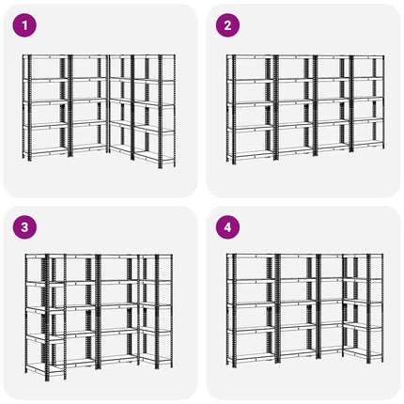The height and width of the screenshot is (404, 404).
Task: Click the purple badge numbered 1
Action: [24, 25]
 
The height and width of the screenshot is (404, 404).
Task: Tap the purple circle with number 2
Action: [227, 25]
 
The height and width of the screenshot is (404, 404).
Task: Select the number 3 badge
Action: [24, 227]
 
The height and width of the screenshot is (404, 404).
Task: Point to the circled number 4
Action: [227, 227]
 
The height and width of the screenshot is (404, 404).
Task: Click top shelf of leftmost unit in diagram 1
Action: [48, 57]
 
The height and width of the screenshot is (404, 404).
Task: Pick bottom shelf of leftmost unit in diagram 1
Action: [48, 151]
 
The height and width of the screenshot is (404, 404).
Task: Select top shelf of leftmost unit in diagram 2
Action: [252, 57]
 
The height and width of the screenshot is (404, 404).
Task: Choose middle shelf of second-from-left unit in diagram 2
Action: [295, 101]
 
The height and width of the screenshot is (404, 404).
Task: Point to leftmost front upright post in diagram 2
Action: [234, 110]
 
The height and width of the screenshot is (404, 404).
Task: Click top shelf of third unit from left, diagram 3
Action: [118, 256]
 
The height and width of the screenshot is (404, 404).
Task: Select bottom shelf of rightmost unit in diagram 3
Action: [156, 362]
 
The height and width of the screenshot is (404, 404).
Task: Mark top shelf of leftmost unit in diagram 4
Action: [253, 256]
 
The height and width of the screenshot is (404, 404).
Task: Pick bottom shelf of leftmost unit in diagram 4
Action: [253, 355]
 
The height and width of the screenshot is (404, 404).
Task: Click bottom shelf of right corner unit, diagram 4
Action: [363, 353]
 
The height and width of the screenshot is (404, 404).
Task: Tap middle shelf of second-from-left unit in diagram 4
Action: [298, 303]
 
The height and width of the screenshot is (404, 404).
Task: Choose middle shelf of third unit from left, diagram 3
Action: [118, 305]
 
